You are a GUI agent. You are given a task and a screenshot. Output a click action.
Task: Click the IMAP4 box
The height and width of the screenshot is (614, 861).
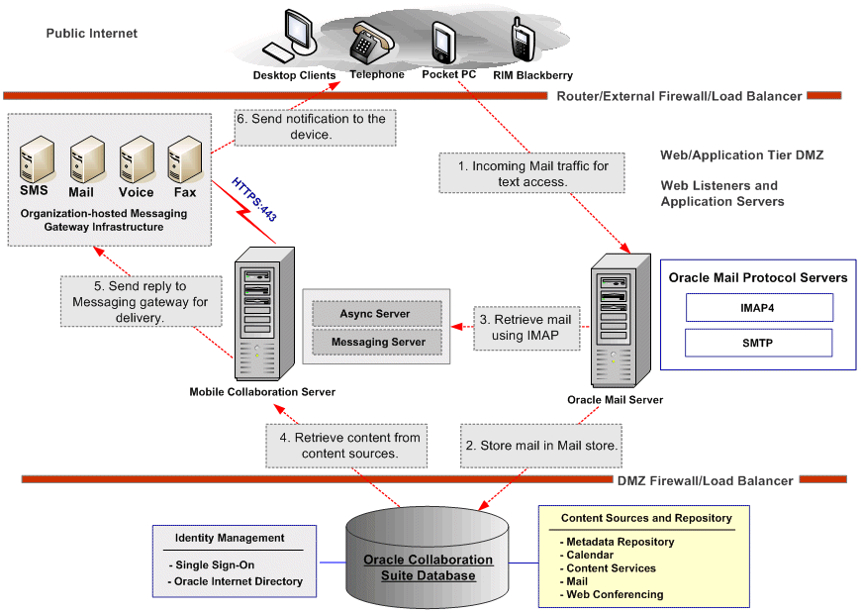758,308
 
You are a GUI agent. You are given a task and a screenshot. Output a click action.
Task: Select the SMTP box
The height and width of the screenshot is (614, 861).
758,344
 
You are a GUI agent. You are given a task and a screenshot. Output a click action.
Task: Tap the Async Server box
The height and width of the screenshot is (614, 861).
375,313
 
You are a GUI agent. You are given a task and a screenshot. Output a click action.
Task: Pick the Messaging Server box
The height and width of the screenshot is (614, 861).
375,342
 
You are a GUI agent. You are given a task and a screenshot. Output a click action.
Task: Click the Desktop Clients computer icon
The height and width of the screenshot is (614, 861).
291,36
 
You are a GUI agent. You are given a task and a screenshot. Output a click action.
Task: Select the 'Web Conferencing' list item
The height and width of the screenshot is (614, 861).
615,594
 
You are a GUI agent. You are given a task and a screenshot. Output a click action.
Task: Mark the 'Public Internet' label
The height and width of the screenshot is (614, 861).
91,34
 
